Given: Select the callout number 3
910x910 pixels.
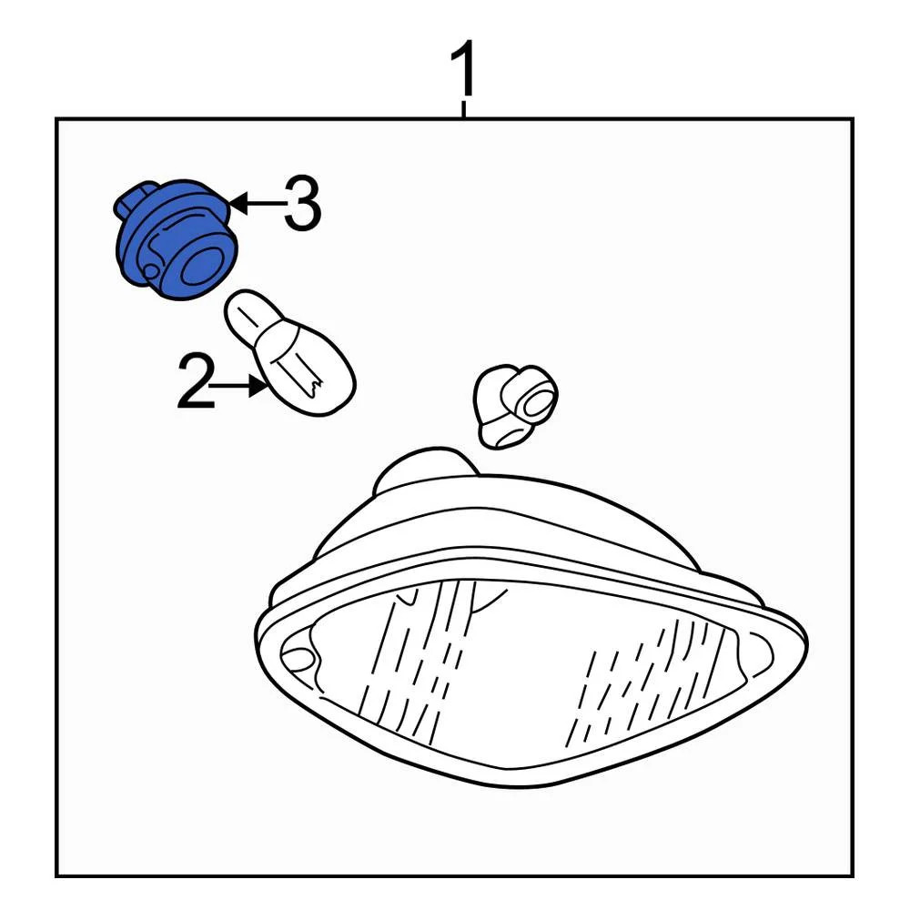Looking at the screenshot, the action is [x=302, y=204].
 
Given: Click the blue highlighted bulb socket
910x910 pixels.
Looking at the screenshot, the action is [x=176, y=239].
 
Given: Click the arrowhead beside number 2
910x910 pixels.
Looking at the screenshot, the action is [x=258, y=385].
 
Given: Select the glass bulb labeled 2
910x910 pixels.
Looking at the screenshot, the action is [x=289, y=353].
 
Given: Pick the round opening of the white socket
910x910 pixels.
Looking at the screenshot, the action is [x=534, y=402].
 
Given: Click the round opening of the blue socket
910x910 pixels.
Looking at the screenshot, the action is [x=201, y=267].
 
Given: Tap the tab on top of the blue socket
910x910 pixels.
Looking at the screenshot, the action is [x=136, y=200].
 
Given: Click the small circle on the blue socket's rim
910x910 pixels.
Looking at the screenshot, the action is [x=150, y=271].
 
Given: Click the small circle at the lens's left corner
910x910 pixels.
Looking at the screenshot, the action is [x=298, y=657].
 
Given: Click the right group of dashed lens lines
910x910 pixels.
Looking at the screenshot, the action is [x=644, y=679].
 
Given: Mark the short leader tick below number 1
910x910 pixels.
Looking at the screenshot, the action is [x=464, y=110].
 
